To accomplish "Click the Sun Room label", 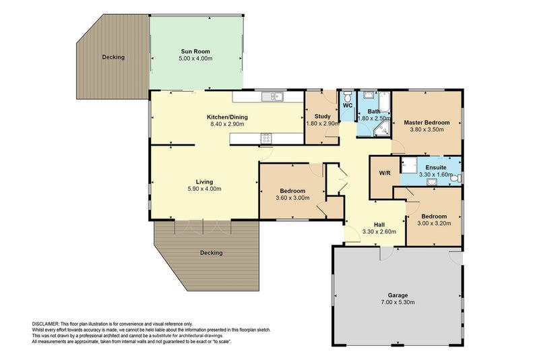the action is coord(195,51).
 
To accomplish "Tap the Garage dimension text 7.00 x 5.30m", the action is coord(398,302).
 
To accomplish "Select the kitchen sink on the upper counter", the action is coord(272,96).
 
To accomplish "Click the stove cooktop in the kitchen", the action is coord(266,138).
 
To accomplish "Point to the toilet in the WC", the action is coord(348,95).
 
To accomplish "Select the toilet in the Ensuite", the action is coord(456,178).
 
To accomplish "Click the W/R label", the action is coord(385,173).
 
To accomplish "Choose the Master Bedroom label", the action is coord(426,123).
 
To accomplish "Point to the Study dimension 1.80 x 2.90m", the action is coord(323,123).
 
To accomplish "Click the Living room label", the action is coord(204,181).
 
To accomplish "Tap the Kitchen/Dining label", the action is coord(227,117).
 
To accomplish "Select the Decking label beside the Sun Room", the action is coord(113,57).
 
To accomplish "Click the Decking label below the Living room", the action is coord(212,253).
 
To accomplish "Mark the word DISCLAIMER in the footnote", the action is coord(45,324).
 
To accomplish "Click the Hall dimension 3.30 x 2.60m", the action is coord(379,232).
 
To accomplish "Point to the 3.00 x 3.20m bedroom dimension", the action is coord(434,223).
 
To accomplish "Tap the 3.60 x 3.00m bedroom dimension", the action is coord(292,198).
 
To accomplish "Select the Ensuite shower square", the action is coord(408,165).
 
